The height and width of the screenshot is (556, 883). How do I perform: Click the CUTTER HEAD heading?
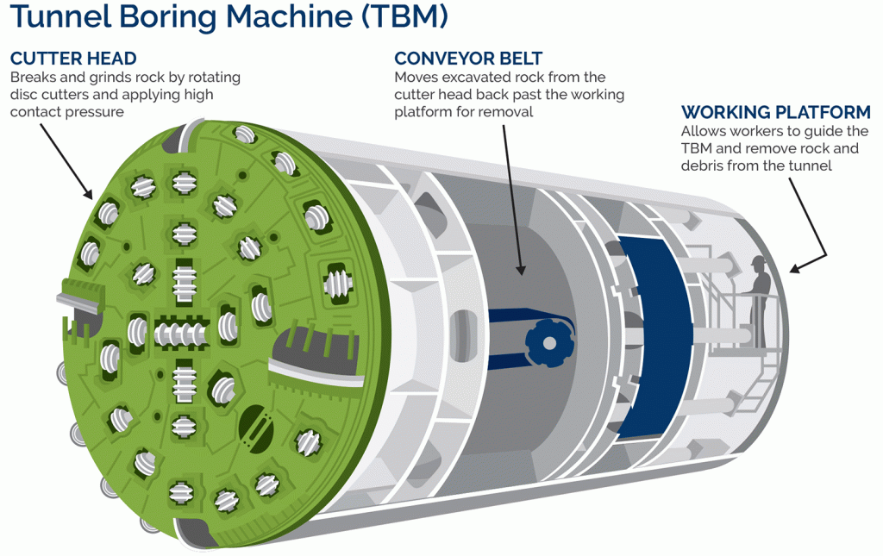click(x=73, y=59)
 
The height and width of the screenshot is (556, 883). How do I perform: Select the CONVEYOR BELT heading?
click(x=468, y=59)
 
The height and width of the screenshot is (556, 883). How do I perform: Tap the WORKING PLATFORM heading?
click(x=775, y=113)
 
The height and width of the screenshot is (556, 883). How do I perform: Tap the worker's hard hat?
click(x=758, y=260)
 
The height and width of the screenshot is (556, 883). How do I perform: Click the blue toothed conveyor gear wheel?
click(x=548, y=342)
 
